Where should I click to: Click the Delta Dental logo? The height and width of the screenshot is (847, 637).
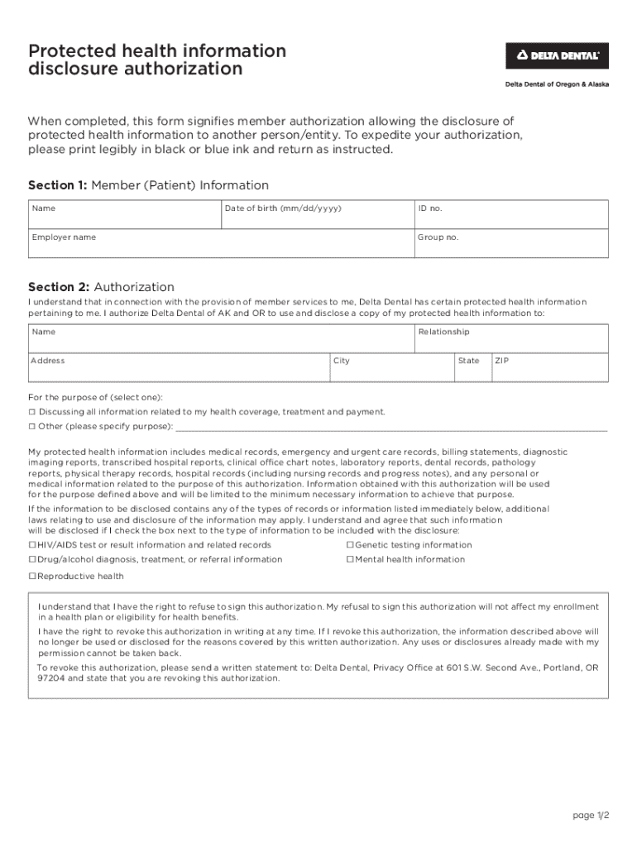pos(557,55)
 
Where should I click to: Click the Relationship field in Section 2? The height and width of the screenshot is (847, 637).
pos(511,338)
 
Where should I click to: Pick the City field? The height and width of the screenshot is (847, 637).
pos(391,368)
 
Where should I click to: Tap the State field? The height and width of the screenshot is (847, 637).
pos(472,368)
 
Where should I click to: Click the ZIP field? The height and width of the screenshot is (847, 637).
pos(550,368)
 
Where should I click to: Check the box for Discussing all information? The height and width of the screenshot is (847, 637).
pos(32,412)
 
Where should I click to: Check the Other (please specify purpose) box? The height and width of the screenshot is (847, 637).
pos(32,427)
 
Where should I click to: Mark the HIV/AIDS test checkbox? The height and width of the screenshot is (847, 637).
pos(32,545)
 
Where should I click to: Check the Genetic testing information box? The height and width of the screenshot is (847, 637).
pos(350,545)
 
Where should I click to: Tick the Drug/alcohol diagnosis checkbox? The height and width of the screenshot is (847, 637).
pos(32,560)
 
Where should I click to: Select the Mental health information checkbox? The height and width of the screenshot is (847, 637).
pos(350,560)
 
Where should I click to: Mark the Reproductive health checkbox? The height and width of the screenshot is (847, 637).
pos(32,577)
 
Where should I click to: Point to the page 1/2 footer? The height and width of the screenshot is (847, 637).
pos(591,816)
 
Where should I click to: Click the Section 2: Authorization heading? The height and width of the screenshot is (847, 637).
pos(101,287)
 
